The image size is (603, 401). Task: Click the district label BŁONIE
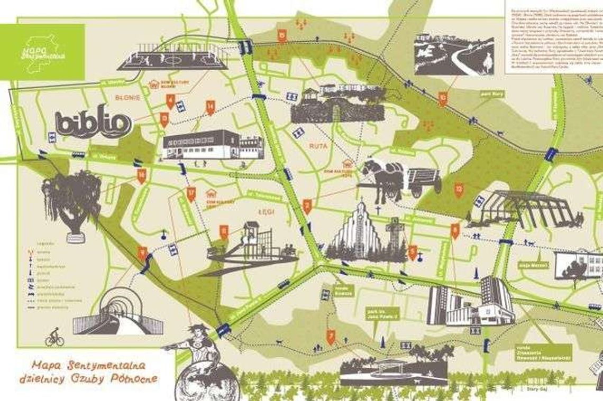[x=127, y=97]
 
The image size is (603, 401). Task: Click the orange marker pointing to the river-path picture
[x=442, y=98]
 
